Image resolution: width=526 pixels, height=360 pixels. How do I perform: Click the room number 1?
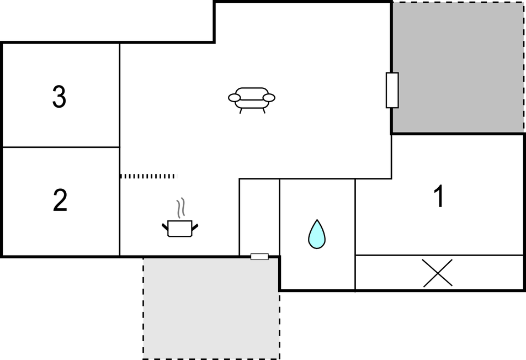click(439, 196)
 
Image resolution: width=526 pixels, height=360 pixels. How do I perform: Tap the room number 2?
click(60, 200)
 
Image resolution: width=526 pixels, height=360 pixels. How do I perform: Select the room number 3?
click(60, 96)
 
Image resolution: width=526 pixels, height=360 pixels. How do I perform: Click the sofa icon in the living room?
click(252, 100)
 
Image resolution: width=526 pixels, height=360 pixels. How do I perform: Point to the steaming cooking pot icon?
click(180, 222)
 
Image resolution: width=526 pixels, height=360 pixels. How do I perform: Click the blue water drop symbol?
click(317, 234)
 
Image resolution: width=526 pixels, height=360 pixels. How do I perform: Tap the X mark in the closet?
click(438, 273)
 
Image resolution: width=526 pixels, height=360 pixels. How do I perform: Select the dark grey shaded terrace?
click(458, 67)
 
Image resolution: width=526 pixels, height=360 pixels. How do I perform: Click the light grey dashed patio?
click(211, 308)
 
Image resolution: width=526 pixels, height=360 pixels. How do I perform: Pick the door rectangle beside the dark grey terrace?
click(392, 90)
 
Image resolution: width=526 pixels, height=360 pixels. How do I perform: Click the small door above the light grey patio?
click(259, 257)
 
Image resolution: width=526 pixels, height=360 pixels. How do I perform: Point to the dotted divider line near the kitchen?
click(147, 176)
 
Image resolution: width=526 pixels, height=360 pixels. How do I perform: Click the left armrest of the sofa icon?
click(234, 98)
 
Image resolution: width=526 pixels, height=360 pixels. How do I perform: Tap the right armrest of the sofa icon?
click(269, 98)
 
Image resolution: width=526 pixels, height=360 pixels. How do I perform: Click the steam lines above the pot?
click(181, 208)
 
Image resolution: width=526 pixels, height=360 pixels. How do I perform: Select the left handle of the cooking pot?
click(165, 227)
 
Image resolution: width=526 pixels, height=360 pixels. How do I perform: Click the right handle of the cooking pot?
click(195, 227)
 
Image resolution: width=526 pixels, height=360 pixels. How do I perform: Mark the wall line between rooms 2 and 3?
click(61, 147)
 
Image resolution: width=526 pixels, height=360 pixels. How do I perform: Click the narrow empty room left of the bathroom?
click(259, 216)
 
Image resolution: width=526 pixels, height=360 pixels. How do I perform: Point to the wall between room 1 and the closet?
click(439, 255)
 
